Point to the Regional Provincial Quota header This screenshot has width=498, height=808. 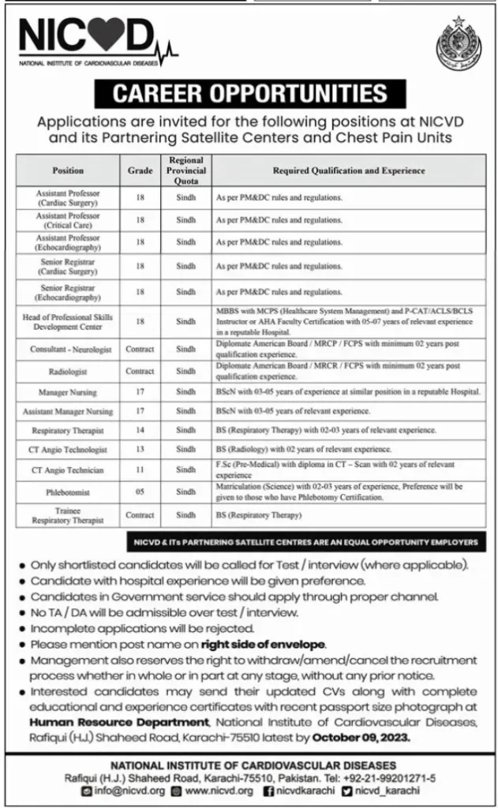tap(186, 170)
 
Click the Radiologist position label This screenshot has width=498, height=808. tap(68, 370)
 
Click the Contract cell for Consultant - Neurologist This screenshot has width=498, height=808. tap(140, 348)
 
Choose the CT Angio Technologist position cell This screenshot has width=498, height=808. tap(68, 450)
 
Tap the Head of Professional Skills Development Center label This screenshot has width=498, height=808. tap(68, 322)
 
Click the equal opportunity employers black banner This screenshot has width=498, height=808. tap(305, 544)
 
